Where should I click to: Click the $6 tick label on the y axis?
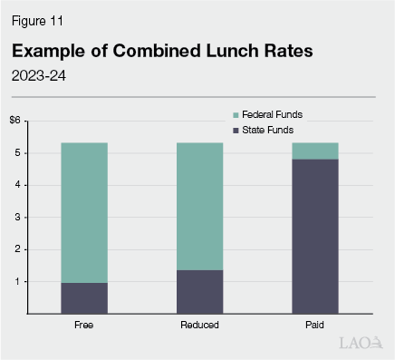coord(15,121)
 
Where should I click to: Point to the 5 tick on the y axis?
coord(17,153)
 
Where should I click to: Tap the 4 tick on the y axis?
coord(17,185)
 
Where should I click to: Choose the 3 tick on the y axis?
coord(17,218)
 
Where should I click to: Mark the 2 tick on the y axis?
coord(17,249)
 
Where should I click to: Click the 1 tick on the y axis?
coord(17,281)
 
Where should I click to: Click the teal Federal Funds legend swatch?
coord(236,115)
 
